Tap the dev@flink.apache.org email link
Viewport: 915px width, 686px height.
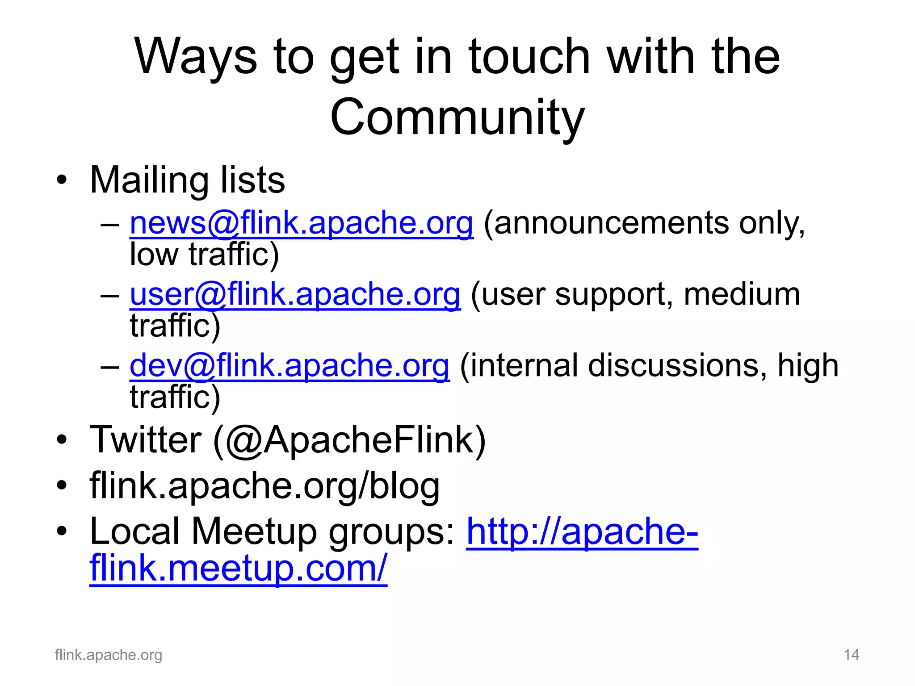coord(290,366)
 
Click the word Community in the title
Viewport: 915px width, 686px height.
coord(457,117)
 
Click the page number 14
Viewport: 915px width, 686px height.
coord(851,655)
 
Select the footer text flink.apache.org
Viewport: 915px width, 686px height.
coord(109,655)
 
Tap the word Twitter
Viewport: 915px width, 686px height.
coord(146,440)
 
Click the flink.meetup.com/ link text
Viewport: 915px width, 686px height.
coord(238,568)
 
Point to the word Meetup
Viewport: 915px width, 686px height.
coord(254,531)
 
